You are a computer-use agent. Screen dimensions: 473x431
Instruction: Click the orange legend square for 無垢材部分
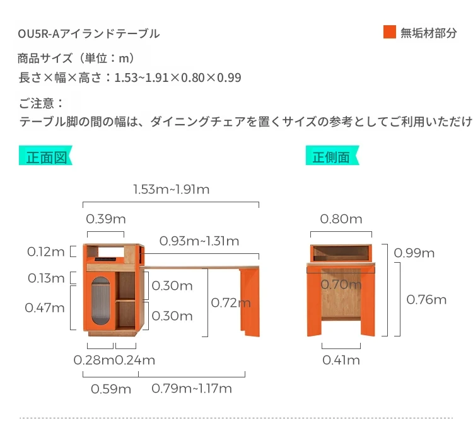390,32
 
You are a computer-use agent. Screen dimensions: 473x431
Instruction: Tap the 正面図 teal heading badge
45,156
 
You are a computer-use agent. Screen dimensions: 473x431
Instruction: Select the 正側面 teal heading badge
332,156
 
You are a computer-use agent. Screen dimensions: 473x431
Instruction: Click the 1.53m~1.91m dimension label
172,189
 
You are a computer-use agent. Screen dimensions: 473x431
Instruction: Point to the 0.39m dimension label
106,219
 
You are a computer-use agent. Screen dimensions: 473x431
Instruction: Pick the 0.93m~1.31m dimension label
199,241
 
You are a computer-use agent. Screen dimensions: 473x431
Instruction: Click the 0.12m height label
46,251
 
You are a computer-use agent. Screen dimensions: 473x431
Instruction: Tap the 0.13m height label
46,278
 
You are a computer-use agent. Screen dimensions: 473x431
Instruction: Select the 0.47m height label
45,307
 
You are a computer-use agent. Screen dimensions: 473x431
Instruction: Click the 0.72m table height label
231,302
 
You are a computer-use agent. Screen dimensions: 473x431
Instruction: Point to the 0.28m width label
94,360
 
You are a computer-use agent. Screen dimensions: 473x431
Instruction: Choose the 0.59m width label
111,389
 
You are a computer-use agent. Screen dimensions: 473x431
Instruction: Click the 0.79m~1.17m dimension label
192,388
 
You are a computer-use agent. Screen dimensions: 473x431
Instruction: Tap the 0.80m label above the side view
341,219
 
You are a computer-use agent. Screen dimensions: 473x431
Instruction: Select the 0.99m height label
414,253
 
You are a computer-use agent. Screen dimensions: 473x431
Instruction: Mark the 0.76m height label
426,299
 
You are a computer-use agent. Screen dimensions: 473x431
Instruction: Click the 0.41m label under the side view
341,360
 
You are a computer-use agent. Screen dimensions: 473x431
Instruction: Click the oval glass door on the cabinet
101,301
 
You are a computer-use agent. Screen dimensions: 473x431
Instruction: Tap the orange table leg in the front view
250,302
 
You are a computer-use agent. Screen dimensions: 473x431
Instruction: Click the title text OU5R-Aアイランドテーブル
89,33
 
